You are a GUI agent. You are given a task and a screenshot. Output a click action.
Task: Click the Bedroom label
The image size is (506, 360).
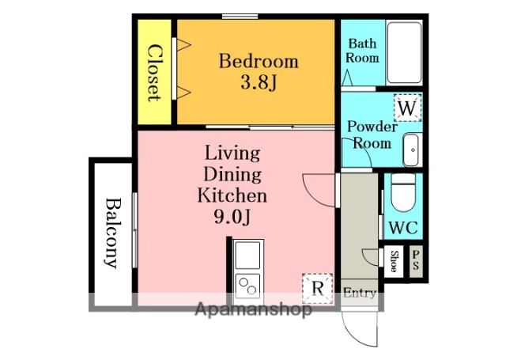coord(259,62)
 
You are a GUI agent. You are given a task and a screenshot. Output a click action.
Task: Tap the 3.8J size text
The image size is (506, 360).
coord(259,83)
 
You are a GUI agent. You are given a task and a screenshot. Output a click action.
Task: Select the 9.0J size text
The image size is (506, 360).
coord(232,218)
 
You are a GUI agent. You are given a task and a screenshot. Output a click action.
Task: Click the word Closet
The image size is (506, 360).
coord(155,74)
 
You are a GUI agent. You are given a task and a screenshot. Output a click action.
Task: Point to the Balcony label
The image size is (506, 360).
coord(111,233)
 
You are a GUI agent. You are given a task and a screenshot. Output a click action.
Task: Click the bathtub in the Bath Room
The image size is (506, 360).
coord(404,53)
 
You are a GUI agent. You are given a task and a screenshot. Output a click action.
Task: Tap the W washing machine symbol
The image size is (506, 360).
coord(407,108)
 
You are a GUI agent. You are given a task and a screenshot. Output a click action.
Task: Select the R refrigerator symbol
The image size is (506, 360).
coord(317,288)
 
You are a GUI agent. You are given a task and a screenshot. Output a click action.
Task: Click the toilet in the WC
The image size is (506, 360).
coord(402,193)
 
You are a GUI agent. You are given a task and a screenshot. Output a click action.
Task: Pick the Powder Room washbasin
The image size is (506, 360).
coord(411,150)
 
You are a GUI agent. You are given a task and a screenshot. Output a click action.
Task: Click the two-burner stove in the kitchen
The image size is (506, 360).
coord(247,286)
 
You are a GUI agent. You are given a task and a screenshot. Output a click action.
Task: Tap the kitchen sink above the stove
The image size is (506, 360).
coord(247,255)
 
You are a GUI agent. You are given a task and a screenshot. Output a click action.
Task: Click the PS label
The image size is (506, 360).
coord(416,260)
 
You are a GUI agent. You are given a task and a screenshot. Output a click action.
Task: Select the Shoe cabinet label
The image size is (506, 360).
coord(394,261)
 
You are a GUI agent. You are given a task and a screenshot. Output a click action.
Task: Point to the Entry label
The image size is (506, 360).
coord(359,293)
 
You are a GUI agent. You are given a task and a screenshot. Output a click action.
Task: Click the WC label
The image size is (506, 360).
coord(403,228)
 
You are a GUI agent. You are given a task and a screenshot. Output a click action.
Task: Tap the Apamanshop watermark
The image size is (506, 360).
coord(254,310)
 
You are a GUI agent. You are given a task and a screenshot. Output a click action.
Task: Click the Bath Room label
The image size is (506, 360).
coord(362,51)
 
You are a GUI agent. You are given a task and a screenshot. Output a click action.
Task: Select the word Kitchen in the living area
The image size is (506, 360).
coord(232,195)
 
